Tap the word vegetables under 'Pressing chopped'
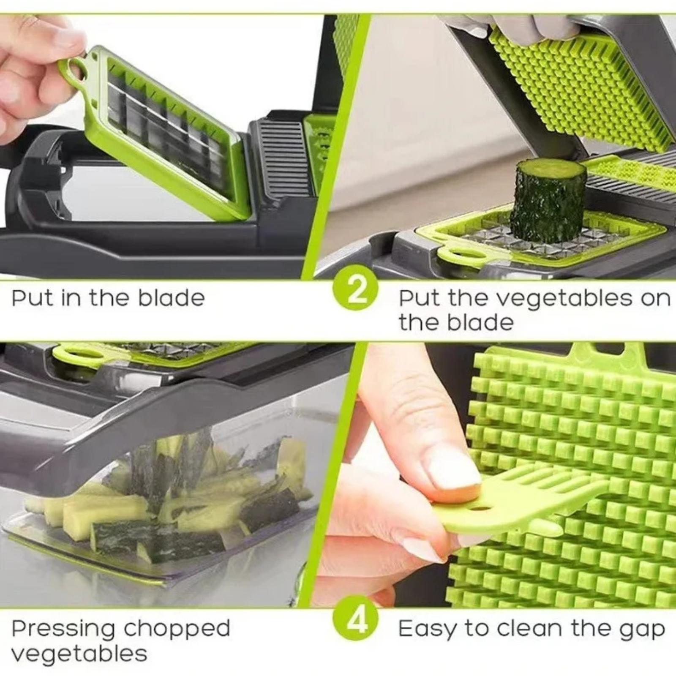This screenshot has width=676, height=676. tap(79, 654)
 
